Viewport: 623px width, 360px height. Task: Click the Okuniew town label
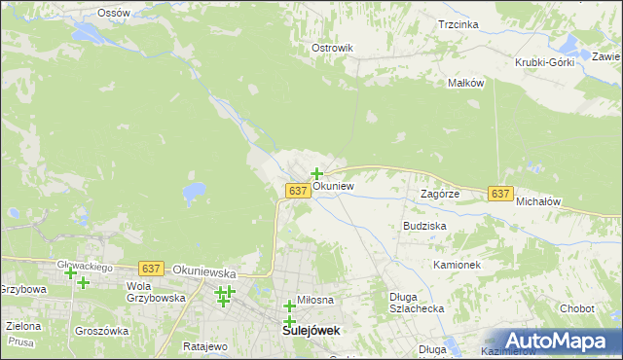[333, 185]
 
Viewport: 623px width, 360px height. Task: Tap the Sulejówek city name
[311, 331]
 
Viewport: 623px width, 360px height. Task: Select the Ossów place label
[114, 13]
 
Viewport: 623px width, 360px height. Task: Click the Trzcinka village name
[458, 24]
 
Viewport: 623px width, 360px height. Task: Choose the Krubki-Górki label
[545, 62]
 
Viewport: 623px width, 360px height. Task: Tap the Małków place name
[465, 83]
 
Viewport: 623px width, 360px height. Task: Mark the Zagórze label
[439, 194]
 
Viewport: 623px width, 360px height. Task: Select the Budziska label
[424, 225]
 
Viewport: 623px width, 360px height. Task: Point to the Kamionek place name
[458, 265]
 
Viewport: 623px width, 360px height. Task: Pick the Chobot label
[576, 308]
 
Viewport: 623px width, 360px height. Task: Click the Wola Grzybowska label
[155, 292]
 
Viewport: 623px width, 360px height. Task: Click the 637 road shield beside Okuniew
[299, 192]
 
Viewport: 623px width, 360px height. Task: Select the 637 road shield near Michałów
[500, 194]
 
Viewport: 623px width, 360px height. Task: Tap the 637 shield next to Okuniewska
[150, 268]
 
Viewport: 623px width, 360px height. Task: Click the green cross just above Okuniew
[316, 174]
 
